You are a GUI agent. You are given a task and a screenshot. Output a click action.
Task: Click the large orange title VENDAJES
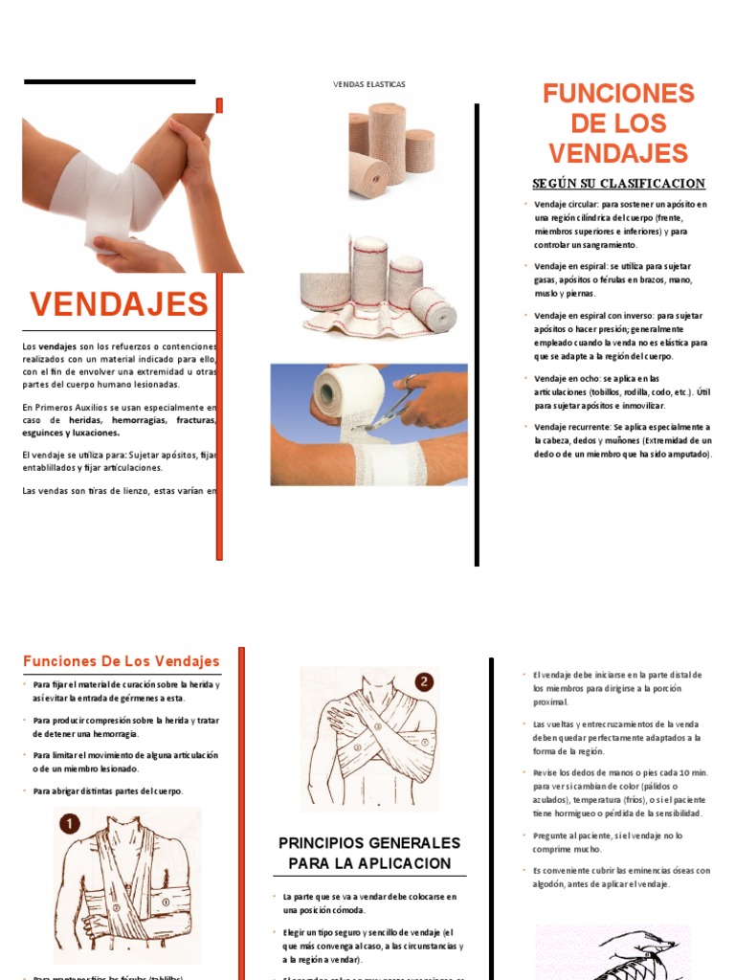(119, 304)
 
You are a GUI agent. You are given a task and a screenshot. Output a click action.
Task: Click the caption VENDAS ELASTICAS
(368, 84)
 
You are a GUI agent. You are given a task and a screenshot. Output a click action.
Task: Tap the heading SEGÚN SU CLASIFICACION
(618, 184)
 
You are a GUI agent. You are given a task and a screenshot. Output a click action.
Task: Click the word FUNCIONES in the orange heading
(618, 94)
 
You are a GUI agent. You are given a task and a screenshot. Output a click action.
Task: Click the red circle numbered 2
(424, 682)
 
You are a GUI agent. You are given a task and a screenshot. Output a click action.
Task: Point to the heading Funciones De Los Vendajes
(121, 661)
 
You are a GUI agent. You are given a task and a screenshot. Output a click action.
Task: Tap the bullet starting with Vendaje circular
(620, 225)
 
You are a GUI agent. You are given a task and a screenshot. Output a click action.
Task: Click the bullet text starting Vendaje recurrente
(622, 440)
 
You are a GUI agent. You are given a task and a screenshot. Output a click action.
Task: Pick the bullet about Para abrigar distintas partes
(107, 791)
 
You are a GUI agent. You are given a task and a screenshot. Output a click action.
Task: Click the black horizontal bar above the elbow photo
(109, 82)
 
